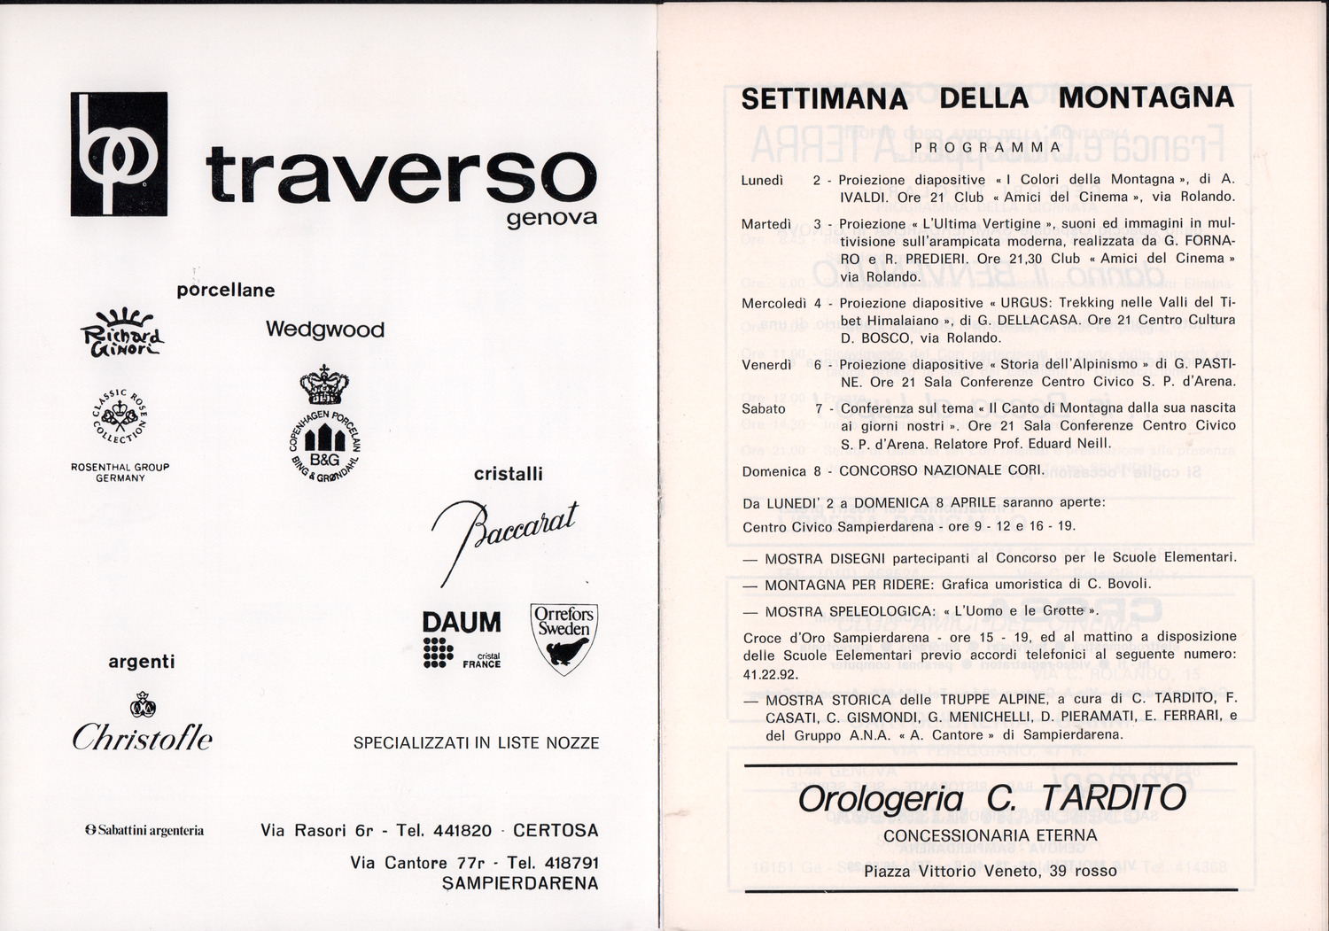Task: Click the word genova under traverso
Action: tap(552, 218)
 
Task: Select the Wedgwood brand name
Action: tap(325, 330)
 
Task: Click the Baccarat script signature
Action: tap(504, 535)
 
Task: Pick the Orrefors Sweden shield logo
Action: tap(563, 638)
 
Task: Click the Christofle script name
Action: tap(142, 737)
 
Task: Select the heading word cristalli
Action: tap(508, 474)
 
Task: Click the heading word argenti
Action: tap(142, 662)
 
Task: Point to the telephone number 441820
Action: tap(461, 831)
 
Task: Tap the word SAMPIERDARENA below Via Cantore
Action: tap(520, 883)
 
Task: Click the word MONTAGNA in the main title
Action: tap(1146, 97)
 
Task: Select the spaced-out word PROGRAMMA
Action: tap(988, 147)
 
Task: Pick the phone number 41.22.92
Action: tap(771, 674)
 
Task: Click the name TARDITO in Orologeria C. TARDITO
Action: tap(1113, 798)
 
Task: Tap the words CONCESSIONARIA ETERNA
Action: tap(991, 835)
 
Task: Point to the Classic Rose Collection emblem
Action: tap(120, 415)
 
